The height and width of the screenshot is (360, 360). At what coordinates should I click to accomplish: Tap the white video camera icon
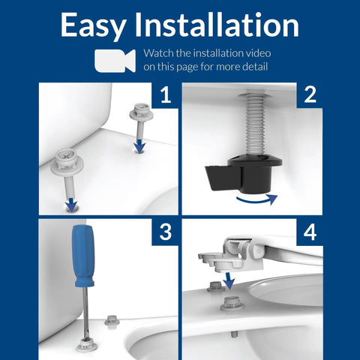115,61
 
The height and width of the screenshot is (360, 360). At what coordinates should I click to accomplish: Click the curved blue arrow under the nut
254,200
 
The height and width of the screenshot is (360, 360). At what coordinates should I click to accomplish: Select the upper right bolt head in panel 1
140,113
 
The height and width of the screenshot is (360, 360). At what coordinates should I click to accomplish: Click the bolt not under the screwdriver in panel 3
112,320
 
